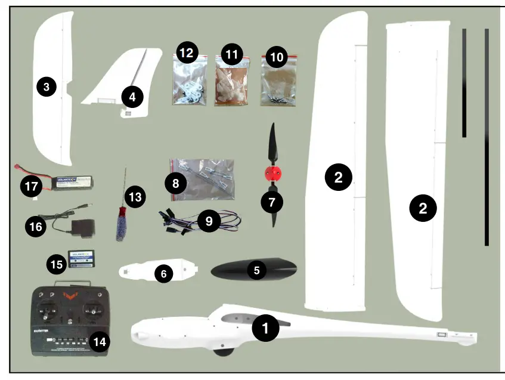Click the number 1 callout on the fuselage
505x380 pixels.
(265, 328)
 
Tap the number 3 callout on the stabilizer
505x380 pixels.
(46, 87)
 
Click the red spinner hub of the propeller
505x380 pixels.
(272, 174)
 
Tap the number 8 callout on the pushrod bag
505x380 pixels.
(175, 184)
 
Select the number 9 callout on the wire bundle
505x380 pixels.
(209, 221)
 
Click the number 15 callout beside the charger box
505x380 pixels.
(57, 263)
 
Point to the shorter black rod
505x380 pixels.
(464, 84)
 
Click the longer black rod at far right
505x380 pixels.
(487, 137)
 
